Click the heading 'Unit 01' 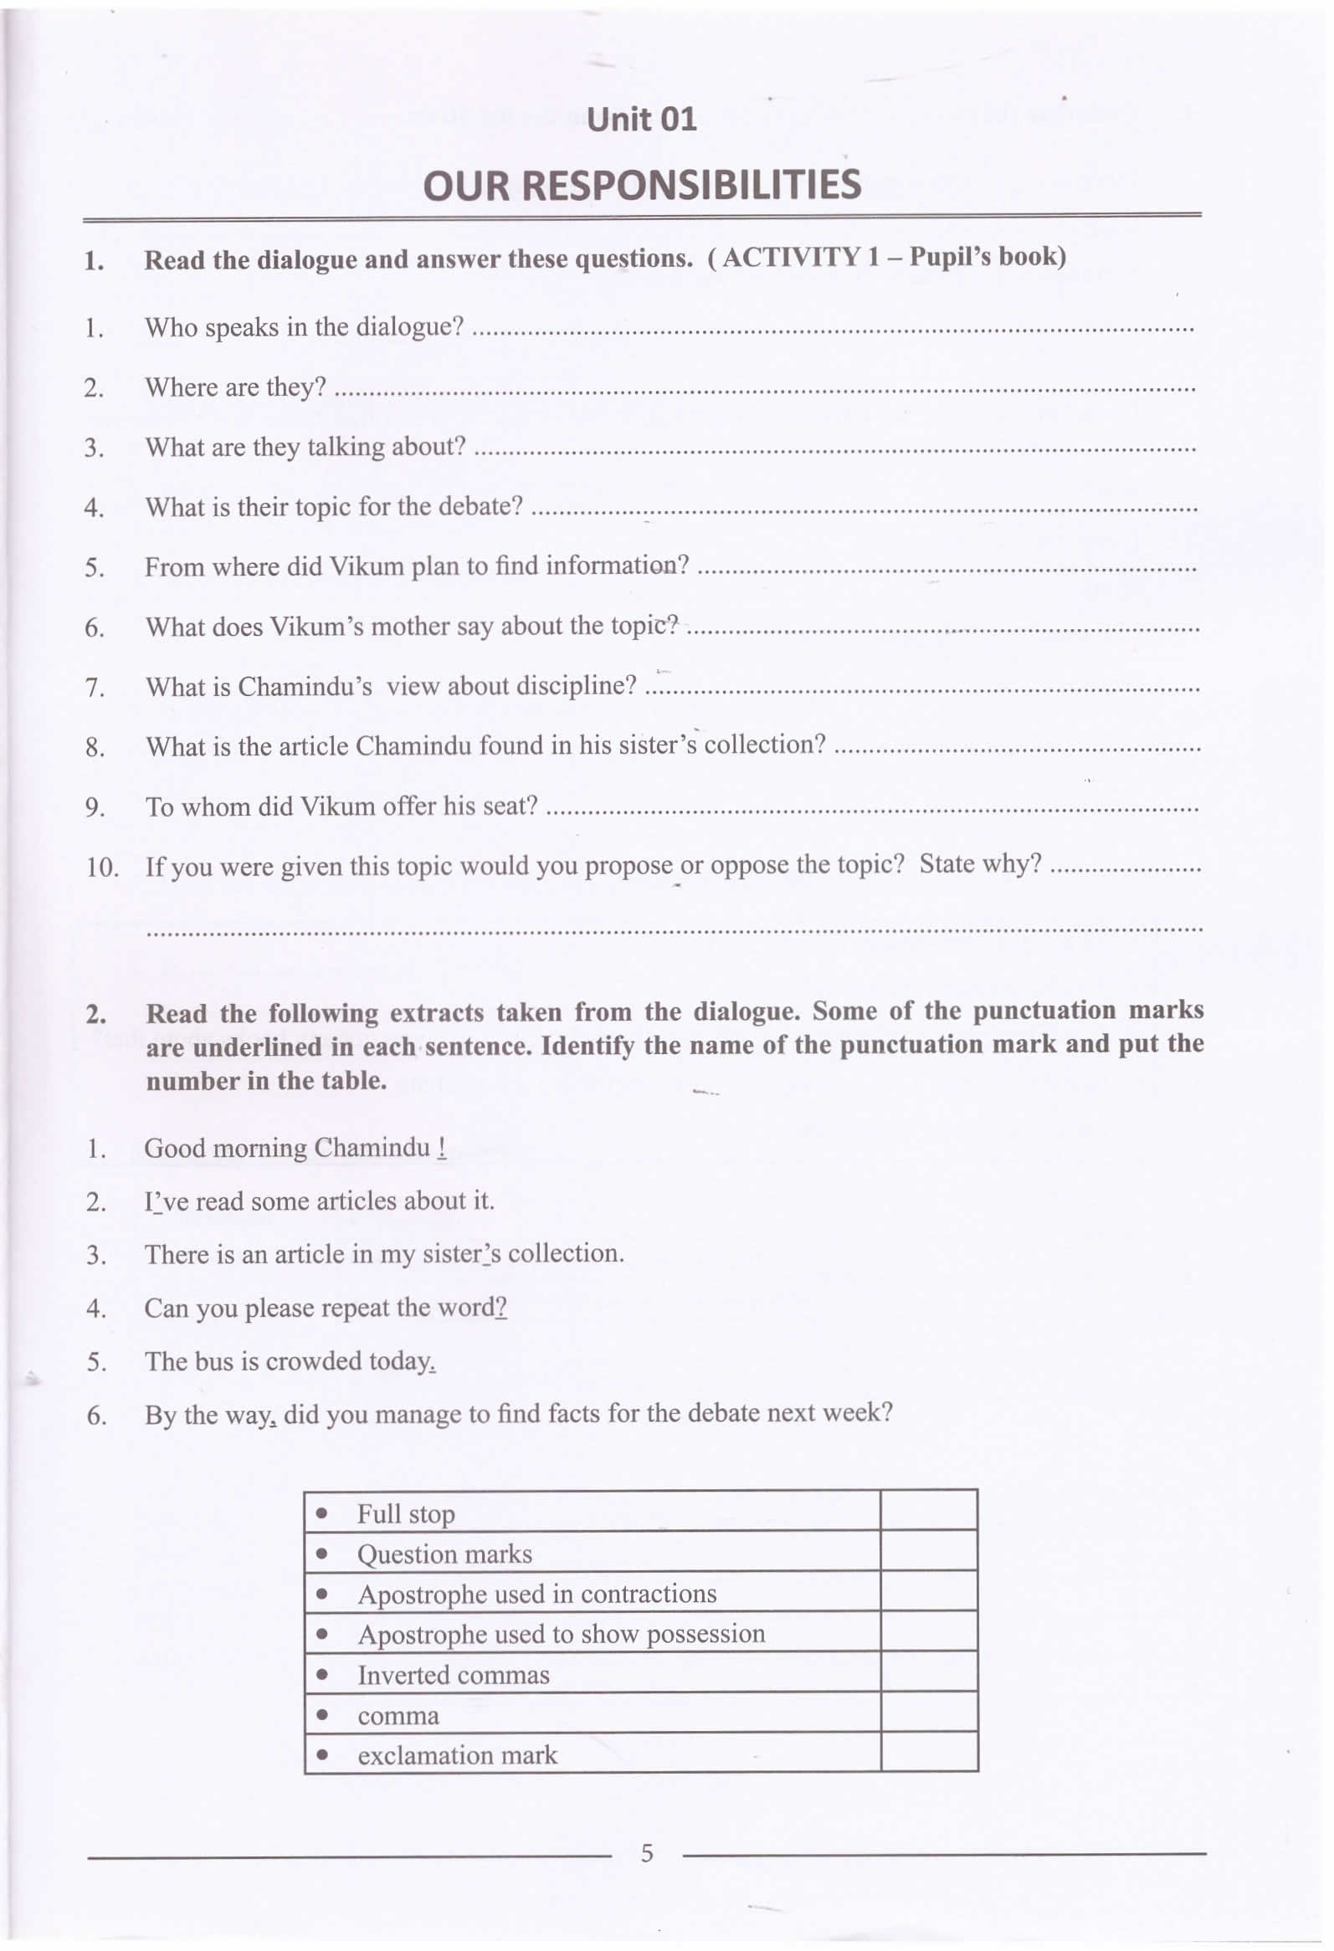pyautogui.click(x=641, y=119)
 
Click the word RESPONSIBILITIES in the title pyautogui.click(x=691, y=185)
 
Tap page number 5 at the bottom pyautogui.click(x=646, y=1852)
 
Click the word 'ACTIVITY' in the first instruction pyautogui.click(x=791, y=257)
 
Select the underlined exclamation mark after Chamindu pyautogui.click(x=442, y=1148)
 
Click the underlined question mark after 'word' pyautogui.click(x=500, y=1307)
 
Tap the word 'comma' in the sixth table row pyautogui.click(x=398, y=1715)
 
